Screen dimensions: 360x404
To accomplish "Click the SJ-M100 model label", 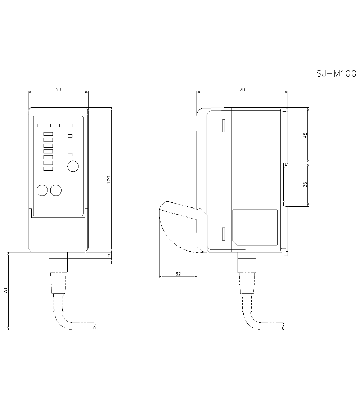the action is point(336,74).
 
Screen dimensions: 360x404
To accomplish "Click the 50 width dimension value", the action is point(58,89).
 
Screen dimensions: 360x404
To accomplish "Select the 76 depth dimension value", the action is point(242,89).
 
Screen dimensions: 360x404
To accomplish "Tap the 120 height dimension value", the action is point(108,179).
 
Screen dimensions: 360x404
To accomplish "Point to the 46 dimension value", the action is point(305,135).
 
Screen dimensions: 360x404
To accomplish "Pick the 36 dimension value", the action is point(305,184).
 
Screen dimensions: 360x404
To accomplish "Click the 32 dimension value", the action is point(178,274).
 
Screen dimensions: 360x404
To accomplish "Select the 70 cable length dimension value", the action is point(6,291).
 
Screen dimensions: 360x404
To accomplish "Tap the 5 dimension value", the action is point(109,255).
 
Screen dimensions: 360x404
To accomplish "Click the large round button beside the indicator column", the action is point(73,166).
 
